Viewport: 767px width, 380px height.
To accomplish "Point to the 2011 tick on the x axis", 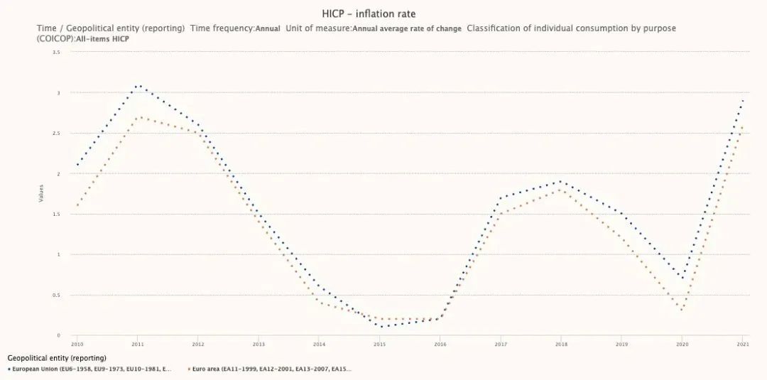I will pos(138,344).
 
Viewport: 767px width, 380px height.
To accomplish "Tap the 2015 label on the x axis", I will pos(379,344).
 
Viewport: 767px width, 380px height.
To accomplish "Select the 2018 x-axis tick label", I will pos(560,344).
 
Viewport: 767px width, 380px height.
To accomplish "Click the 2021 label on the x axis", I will pos(743,344).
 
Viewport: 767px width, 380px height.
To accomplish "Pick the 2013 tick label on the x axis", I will pos(259,344).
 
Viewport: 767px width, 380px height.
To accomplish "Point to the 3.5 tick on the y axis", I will pos(56,53).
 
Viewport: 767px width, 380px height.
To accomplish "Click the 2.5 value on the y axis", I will pos(56,134).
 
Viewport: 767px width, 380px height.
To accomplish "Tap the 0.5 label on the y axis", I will pos(56,295).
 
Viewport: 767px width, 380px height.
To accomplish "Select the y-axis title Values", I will pos(40,193).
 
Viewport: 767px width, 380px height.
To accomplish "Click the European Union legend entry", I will pos(91,369).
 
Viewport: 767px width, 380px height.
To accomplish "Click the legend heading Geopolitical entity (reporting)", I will pos(57,358).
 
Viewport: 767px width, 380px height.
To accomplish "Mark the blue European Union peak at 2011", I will pos(138,85).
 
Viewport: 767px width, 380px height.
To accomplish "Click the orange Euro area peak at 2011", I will pos(138,117).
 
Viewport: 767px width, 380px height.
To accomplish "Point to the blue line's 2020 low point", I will pos(682,278).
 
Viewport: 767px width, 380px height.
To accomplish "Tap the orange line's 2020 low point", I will pos(682,310).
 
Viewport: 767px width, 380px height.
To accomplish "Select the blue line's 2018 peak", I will pos(560,181).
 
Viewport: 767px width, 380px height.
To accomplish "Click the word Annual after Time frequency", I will pos(268,28).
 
